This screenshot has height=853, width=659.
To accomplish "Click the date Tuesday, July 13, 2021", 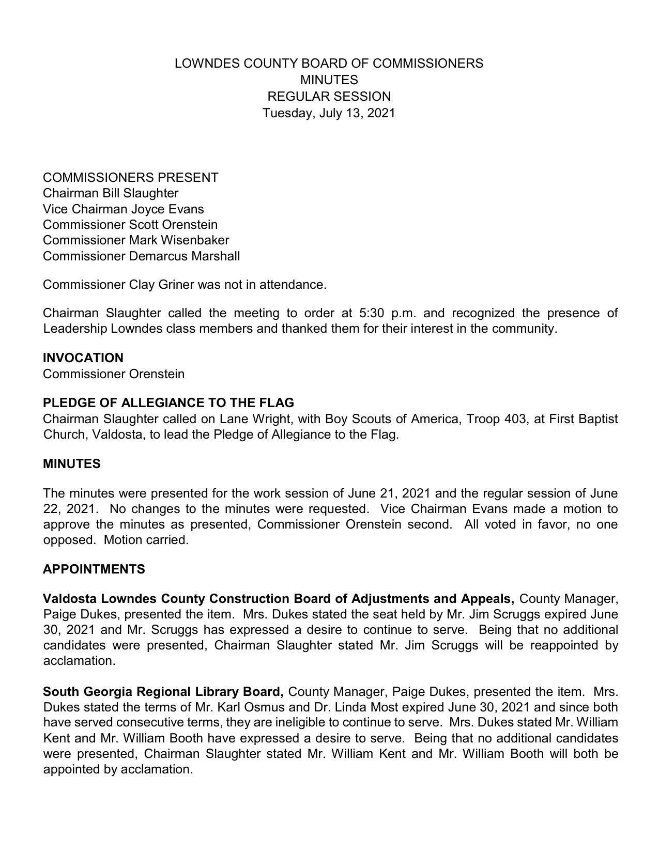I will [329, 113].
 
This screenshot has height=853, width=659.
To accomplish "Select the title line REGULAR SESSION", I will [329, 96].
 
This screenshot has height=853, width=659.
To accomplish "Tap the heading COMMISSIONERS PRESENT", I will [130, 178].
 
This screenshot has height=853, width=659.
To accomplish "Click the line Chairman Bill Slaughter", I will [111, 193].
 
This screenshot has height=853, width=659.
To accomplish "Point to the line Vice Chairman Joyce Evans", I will [123, 209].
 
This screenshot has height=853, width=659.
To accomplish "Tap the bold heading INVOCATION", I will [83, 358].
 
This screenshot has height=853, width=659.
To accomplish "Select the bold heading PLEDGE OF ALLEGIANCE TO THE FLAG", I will [168, 403].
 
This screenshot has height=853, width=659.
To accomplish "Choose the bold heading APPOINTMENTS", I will [94, 569].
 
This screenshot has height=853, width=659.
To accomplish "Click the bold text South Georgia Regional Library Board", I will [163, 691].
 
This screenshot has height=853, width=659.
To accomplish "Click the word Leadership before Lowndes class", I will [75, 329].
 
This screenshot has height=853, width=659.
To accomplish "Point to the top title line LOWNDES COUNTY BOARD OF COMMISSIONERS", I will [329, 64].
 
